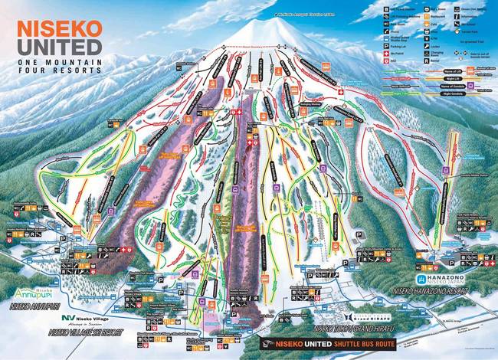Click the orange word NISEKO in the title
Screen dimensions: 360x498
click(x=58, y=29)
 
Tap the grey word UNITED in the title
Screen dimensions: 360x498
click(x=58, y=47)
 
